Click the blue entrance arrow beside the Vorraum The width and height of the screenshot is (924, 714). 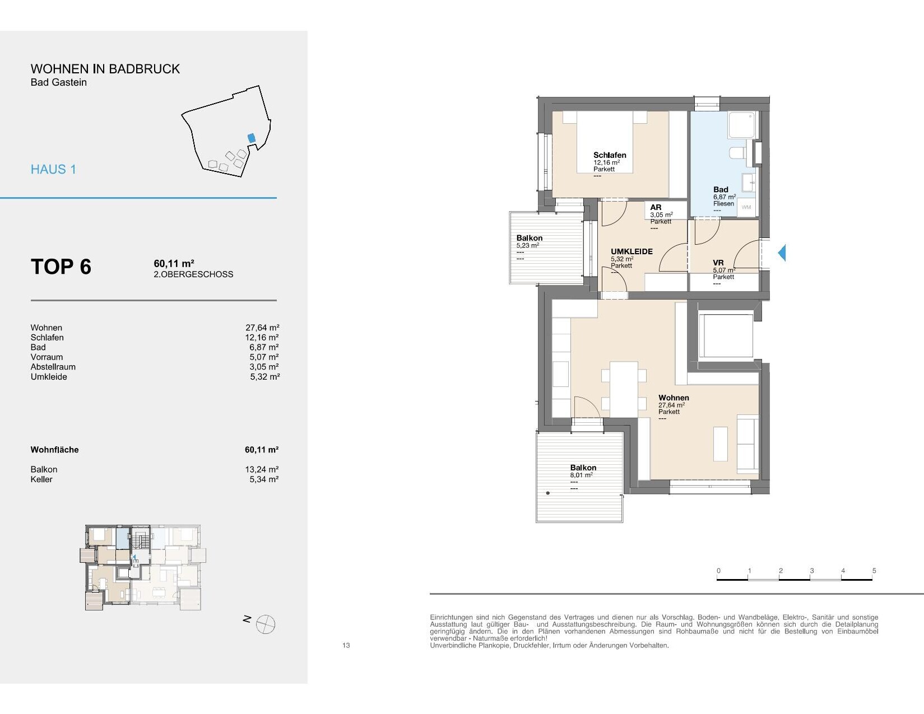pos(782,253)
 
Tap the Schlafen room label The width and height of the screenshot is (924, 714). pos(610,155)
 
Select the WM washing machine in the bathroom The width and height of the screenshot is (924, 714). pos(746,207)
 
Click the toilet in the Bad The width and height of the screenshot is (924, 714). pos(737,152)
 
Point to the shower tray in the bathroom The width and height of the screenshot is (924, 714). pos(741,125)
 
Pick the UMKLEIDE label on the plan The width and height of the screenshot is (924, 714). pos(632,251)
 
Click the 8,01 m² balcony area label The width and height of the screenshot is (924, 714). pos(581,475)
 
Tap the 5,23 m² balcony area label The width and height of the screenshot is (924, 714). pos(528,245)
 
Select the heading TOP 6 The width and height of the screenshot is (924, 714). pos(61,267)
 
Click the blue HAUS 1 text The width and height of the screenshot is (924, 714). pos(54,170)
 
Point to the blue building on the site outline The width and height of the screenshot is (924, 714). pos(252,138)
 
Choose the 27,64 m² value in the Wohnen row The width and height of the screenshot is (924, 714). pos(262,328)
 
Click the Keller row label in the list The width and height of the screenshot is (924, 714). pos(41,479)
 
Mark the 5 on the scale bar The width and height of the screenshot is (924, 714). pos(874,571)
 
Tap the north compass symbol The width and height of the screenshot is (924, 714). pos(266,624)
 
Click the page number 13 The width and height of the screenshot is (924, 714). pos(346,645)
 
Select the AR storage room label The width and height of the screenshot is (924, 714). pos(656,207)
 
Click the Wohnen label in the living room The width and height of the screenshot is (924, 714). pos(674,398)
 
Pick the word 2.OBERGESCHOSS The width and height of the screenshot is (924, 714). pos(193,274)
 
